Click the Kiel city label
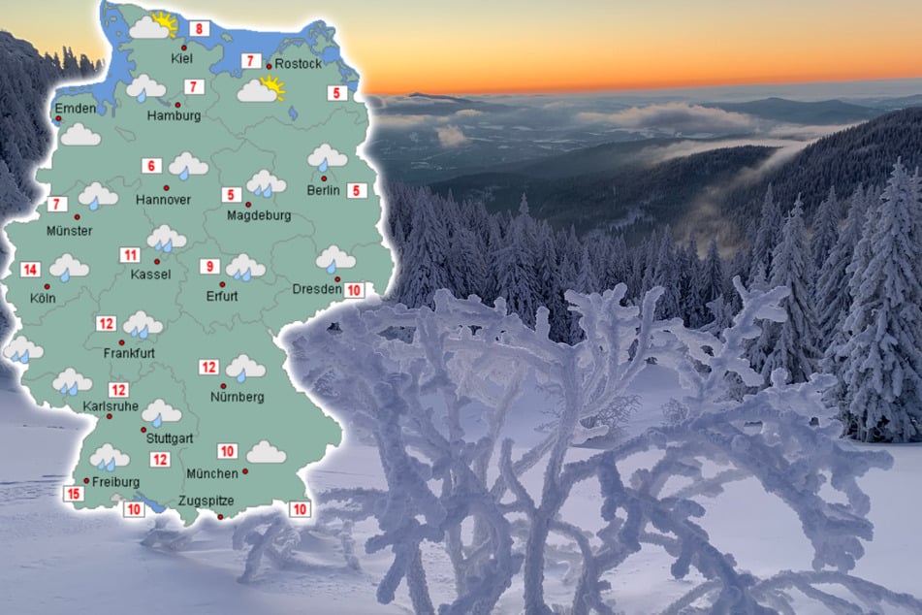[181, 59]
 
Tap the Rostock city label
[298, 64]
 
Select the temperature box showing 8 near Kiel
[201, 29]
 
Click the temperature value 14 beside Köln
[31, 270]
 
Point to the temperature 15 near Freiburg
[73, 494]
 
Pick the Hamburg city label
[175, 116]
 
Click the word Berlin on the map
[323, 190]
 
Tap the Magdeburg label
[259, 215]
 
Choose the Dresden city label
[317, 289]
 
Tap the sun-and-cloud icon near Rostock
[261, 90]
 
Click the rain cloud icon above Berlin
[328, 156]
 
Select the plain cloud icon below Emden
[80, 135]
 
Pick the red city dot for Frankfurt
[122, 342]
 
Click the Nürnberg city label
[237, 397]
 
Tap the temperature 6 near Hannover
[151, 166]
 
